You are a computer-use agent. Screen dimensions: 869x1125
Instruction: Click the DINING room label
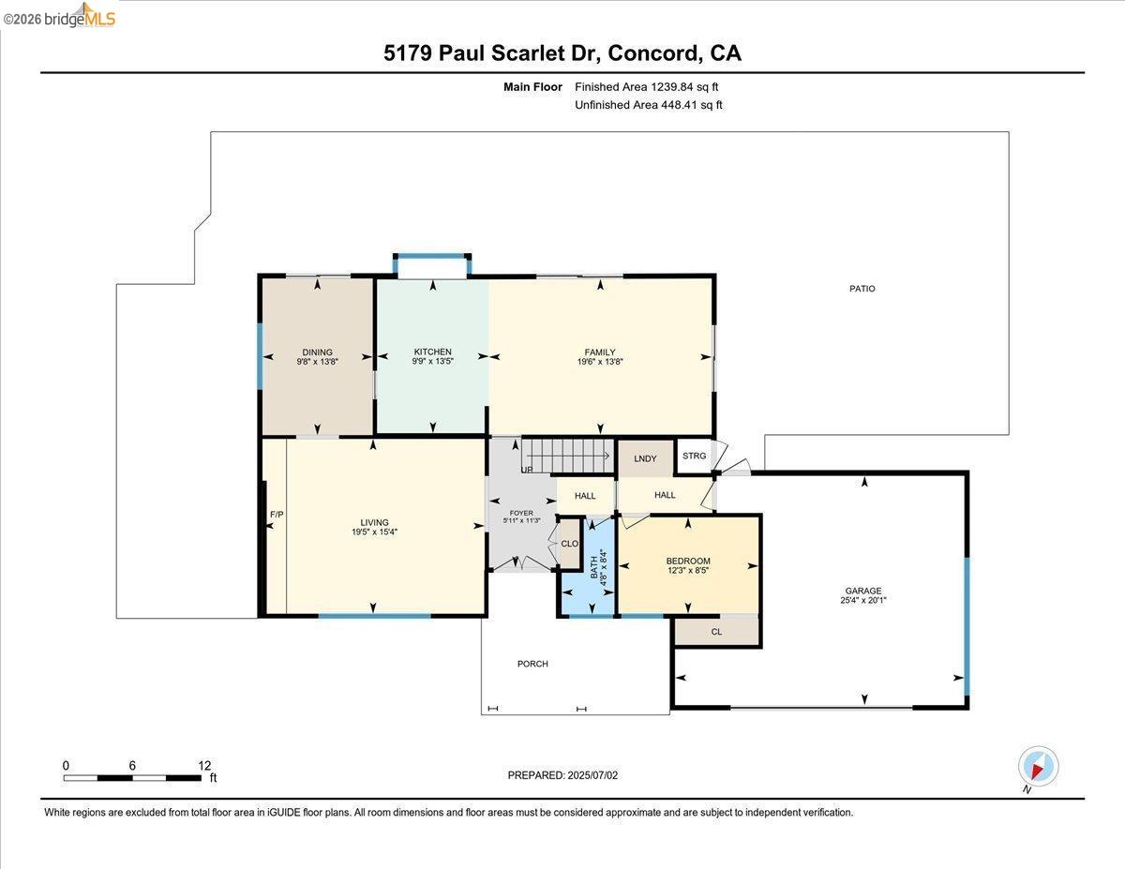[317, 352]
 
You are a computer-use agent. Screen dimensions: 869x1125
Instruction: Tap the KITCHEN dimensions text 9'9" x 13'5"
[432, 361]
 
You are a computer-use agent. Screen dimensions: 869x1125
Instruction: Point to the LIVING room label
[374, 523]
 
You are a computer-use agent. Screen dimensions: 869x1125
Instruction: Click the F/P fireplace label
[277, 515]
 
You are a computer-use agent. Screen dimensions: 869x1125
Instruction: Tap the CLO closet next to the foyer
[569, 544]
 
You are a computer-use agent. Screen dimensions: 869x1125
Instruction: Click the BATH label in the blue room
[592, 567]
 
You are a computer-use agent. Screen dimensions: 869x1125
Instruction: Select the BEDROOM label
[688, 561]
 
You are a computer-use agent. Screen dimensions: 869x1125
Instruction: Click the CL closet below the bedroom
[716, 632]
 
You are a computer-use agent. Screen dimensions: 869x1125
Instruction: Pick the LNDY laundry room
[645, 458]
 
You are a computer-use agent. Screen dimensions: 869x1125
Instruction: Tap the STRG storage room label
[694, 456]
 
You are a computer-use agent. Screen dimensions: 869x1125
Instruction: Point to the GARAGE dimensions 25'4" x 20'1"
[863, 600]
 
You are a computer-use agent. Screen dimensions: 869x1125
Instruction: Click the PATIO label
[862, 289]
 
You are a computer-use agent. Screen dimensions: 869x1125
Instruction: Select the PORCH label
[532, 664]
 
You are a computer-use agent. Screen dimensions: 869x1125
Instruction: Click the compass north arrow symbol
[1038, 767]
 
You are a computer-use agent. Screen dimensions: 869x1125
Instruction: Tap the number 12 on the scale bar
[203, 765]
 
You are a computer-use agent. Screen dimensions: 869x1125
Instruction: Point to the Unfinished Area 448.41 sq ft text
[648, 105]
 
